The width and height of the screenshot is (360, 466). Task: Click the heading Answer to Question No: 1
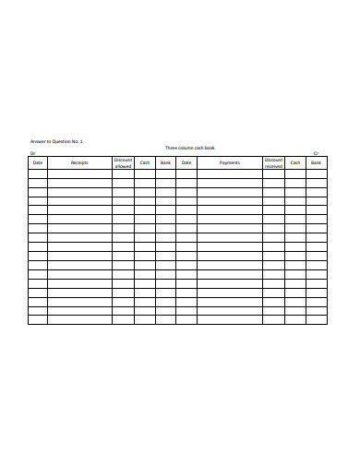pyautogui.click(x=57, y=140)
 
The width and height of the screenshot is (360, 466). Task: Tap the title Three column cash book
pyautogui.click(x=188, y=148)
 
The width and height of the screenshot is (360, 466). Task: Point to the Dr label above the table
pyautogui.click(x=32, y=153)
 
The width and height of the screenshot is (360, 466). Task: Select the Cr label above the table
pyautogui.click(x=316, y=153)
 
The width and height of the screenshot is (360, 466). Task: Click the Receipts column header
pyautogui.click(x=79, y=163)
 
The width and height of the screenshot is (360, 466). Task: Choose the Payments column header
pyautogui.click(x=230, y=163)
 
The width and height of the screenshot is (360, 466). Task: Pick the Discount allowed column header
pyautogui.click(x=123, y=163)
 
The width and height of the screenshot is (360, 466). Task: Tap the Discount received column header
pyautogui.click(x=273, y=163)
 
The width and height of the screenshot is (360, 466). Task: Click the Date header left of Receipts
pyautogui.click(x=38, y=163)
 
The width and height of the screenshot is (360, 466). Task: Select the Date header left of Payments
pyautogui.click(x=186, y=163)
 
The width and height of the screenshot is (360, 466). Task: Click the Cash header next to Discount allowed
pyautogui.click(x=145, y=163)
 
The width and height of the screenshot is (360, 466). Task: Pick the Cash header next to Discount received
pyautogui.click(x=295, y=163)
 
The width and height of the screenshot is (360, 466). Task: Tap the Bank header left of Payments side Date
pyautogui.click(x=165, y=163)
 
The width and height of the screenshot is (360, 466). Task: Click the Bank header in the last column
pyautogui.click(x=317, y=163)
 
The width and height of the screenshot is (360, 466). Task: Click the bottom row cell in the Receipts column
pyautogui.click(x=79, y=320)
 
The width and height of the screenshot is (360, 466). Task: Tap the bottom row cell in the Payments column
pyautogui.click(x=230, y=320)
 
